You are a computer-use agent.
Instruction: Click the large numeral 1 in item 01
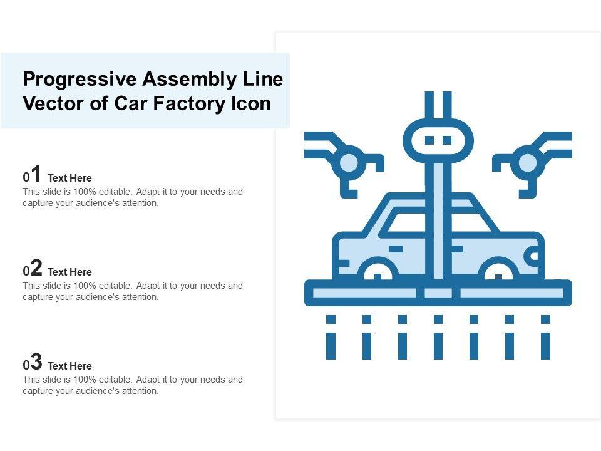pyautogui.click(x=36, y=174)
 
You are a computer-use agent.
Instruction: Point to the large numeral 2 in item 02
pyautogui.click(x=36, y=267)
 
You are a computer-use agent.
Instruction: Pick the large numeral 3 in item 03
pyautogui.click(x=36, y=361)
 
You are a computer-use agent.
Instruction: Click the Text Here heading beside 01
pyautogui.click(x=69, y=178)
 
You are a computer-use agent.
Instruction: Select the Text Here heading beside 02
pyautogui.click(x=69, y=272)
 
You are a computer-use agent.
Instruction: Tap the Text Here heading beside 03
pyautogui.click(x=69, y=366)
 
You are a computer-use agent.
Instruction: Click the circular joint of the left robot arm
pyautogui.click(x=349, y=163)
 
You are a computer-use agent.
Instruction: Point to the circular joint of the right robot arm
pyautogui.click(x=527, y=163)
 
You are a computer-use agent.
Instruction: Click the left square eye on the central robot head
pyautogui.click(x=429, y=140)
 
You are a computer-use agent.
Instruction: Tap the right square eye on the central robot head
pyautogui.click(x=447, y=140)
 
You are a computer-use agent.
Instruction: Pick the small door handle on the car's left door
pyautogui.click(x=396, y=249)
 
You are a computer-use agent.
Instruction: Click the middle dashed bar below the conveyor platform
pyautogui.click(x=438, y=337)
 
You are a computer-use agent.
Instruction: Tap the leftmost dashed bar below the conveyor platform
pyautogui.click(x=331, y=337)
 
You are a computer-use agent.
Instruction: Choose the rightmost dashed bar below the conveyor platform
pyautogui.click(x=545, y=337)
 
